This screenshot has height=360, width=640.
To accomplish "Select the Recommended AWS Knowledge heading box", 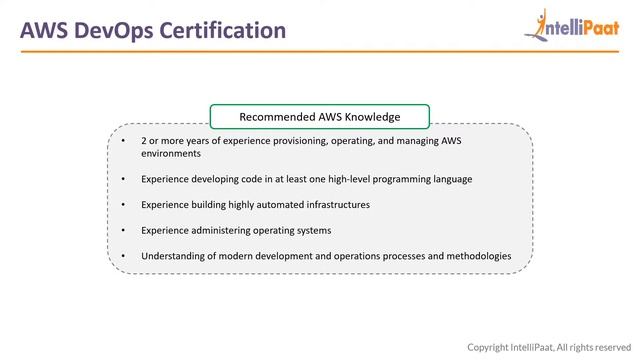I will pos(320,117).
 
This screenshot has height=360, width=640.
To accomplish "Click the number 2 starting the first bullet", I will pos(144,141).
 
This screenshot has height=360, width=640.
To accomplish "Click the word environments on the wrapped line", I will pos(171,154).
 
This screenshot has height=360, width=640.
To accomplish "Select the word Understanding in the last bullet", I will pos(175,256).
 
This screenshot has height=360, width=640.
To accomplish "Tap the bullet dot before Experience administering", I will pos(123,231).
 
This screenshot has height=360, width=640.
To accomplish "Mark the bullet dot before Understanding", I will pos(123,256).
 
